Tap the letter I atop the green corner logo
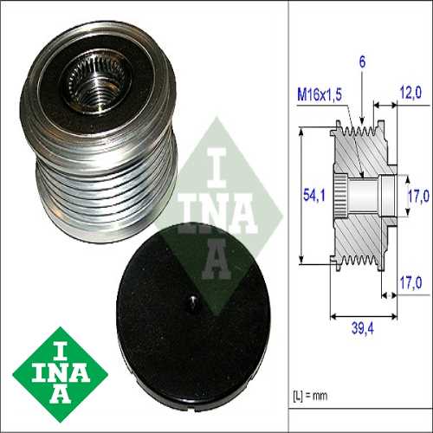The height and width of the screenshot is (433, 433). pyautogui.click(x=60, y=346)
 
